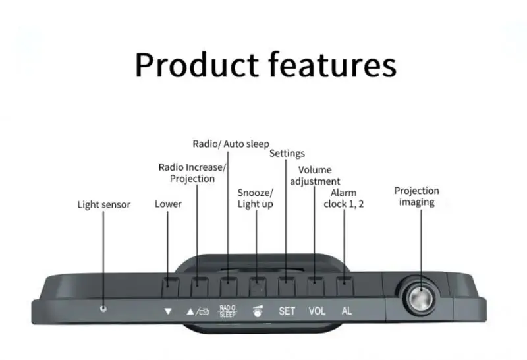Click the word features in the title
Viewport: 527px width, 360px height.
(x=333, y=65)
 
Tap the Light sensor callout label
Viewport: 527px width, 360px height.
(x=104, y=204)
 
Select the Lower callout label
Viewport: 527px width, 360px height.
(x=168, y=204)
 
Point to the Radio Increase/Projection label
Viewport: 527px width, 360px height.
(x=192, y=173)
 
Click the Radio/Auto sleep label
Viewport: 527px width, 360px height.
(x=231, y=144)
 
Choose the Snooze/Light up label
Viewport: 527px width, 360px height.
(x=255, y=198)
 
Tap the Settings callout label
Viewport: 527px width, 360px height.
(x=287, y=154)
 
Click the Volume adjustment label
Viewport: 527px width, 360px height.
(x=315, y=175)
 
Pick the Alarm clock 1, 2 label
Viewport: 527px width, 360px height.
(x=343, y=198)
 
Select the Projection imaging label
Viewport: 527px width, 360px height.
(x=416, y=196)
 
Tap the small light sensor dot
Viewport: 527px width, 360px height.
(x=103, y=309)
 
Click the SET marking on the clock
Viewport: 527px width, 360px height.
(x=287, y=311)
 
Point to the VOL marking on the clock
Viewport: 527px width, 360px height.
(x=317, y=311)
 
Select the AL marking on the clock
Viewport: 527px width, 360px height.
(x=347, y=311)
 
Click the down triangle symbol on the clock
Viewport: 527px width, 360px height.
(x=168, y=311)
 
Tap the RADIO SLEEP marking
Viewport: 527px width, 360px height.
(x=227, y=311)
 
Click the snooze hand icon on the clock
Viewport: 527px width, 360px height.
(x=257, y=311)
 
